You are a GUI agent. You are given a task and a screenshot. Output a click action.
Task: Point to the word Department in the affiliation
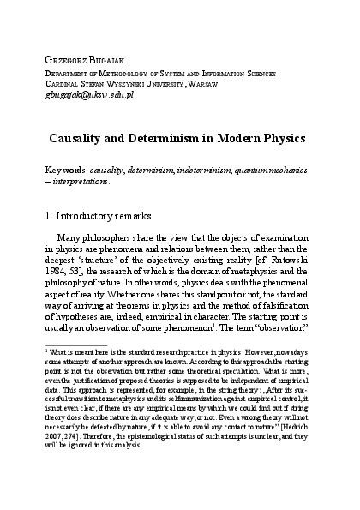[74, 74]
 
